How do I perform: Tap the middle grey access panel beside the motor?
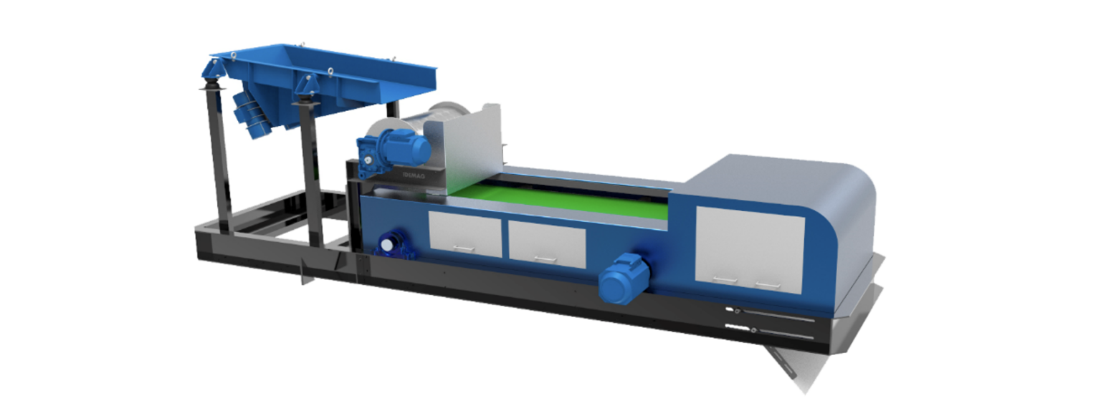point(546,243)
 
